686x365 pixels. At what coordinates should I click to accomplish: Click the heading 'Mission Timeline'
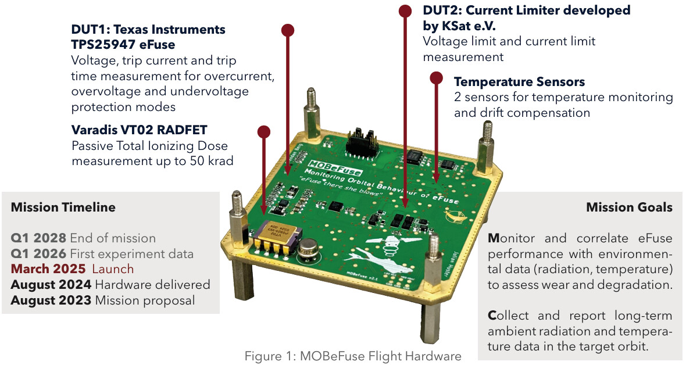[x=63, y=207]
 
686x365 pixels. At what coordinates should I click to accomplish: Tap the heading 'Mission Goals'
[x=629, y=207]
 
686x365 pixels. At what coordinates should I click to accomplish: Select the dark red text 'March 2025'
[x=48, y=269]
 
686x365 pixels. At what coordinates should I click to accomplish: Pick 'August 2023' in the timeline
[x=51, y=300]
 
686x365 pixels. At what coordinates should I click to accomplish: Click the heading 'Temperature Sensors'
[x=519, y=82]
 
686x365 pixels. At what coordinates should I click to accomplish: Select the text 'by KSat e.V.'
[x=459, y=26]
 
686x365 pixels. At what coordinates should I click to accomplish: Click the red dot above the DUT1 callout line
[x=287, y=30]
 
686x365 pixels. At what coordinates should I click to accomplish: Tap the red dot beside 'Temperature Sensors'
[x=437, y=78]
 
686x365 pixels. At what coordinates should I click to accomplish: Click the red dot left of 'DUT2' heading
[x=406, y=10]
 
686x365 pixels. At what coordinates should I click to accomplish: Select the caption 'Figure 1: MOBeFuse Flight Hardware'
[x=353, y=356]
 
